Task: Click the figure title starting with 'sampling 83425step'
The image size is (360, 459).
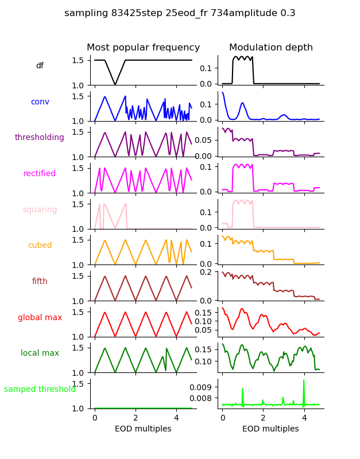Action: (x=180, y=13)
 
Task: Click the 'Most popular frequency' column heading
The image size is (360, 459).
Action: (x=143, y=48)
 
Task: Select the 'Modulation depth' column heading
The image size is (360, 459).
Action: (x=270, y=48)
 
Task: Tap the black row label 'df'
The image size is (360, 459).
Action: (x=40, y=66)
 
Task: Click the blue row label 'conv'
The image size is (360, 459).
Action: (x=40, y=102)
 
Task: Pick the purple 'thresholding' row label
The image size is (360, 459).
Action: (x=40, y=138)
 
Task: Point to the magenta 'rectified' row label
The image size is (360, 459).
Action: (x=40, y=173)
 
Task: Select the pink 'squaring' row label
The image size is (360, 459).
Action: (x=40, y=209)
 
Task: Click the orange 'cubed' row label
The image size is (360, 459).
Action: (x=40, y=246)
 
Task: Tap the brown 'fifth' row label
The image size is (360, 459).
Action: (x=40, y=281)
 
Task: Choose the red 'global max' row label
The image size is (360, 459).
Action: (x=40, y=317)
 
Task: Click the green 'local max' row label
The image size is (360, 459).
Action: (x=40, y=353)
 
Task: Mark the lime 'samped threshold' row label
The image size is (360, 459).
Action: (x=40, y=389)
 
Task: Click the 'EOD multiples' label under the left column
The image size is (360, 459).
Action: (x=143, y=429)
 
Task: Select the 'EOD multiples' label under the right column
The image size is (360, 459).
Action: (x=270, y=429)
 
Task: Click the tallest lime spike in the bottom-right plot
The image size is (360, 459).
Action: (x=304, y=380)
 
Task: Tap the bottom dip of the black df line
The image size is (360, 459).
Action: (x=115, y=84)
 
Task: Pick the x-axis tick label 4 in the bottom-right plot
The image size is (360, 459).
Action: (x=304, y=418)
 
